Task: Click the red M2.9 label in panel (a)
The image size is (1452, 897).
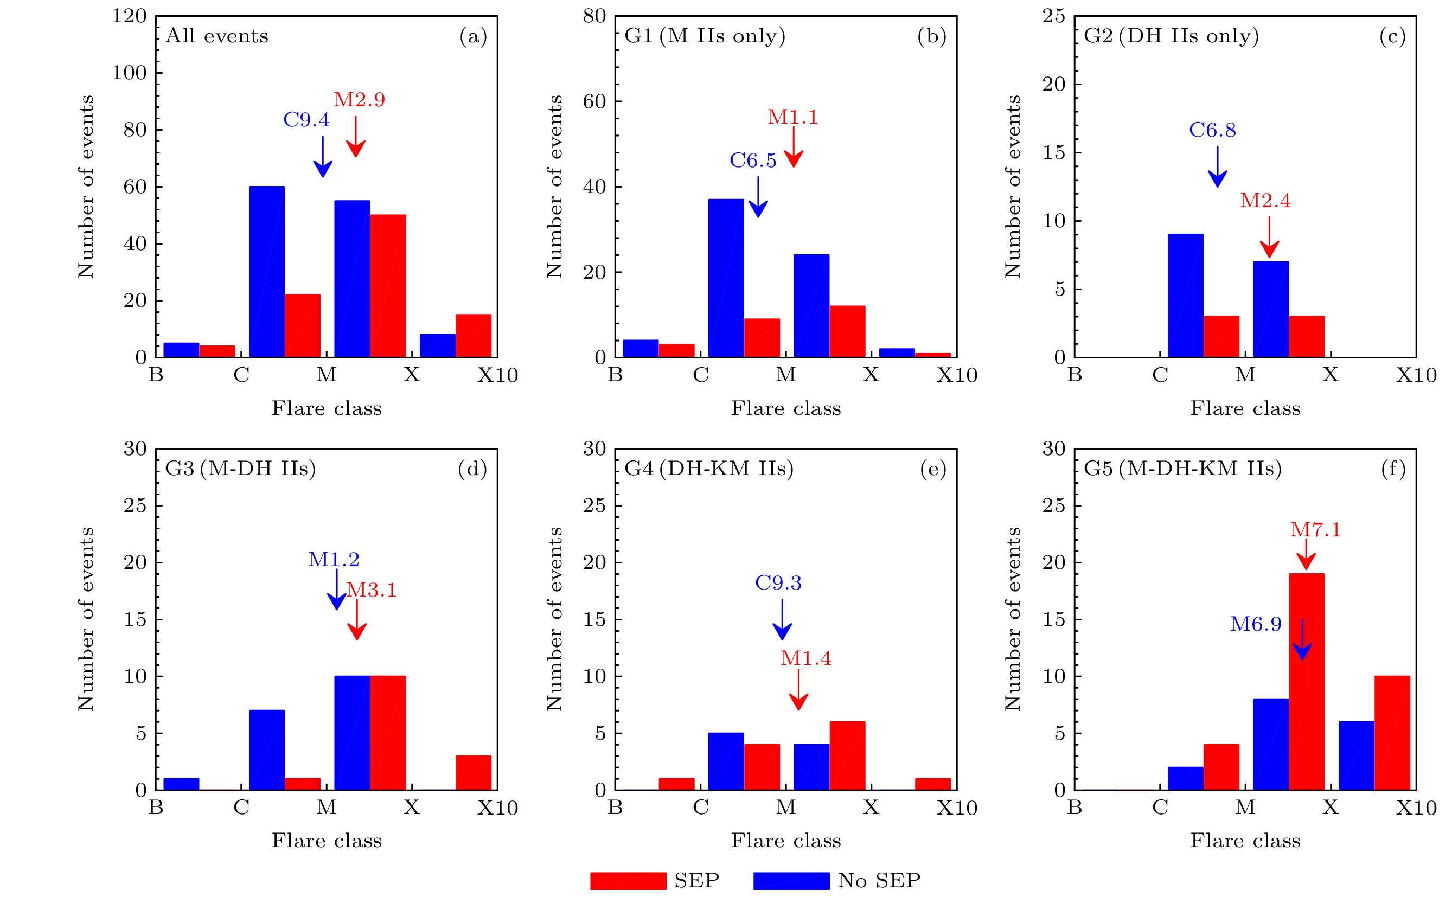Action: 359,100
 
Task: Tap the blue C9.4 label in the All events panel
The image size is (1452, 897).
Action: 306,120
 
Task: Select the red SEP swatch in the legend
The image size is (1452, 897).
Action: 628,880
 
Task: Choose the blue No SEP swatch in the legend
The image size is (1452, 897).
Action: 791,880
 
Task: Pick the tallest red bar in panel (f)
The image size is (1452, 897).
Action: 1306,682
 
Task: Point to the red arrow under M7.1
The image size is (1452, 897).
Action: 1306,555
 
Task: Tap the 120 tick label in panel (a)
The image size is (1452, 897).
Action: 129,16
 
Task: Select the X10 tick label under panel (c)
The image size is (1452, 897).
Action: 1416,375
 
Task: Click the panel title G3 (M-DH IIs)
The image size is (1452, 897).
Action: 240,469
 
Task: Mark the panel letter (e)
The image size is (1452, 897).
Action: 933,469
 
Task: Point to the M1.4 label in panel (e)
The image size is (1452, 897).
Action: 805,658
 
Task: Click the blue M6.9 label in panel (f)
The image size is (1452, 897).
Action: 1256,624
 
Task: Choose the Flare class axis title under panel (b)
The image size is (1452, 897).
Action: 785,409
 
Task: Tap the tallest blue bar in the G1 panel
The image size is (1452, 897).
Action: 726,278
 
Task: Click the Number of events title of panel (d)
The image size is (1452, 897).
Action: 86,619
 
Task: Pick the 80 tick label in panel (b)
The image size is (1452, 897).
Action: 594,16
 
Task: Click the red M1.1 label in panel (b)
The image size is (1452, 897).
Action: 793,117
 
